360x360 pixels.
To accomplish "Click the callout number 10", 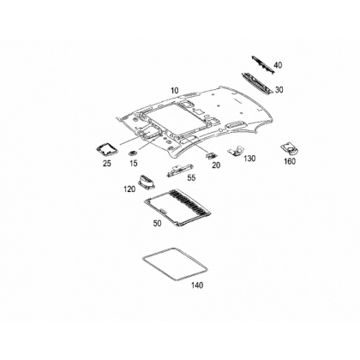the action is pos(175,91).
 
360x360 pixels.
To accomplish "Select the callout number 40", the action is pos(278,65).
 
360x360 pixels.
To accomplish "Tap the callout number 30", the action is pos(279,90).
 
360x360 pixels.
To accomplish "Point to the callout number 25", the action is pos(107,164).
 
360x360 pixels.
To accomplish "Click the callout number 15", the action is pos(134,163).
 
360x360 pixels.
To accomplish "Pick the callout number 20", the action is pos(216,165).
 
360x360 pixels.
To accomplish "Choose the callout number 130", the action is pos(249,159).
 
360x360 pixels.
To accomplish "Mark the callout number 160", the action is pos(290,161).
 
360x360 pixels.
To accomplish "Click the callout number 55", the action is pos(191,177).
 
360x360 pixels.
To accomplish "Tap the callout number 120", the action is pos(129,189).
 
